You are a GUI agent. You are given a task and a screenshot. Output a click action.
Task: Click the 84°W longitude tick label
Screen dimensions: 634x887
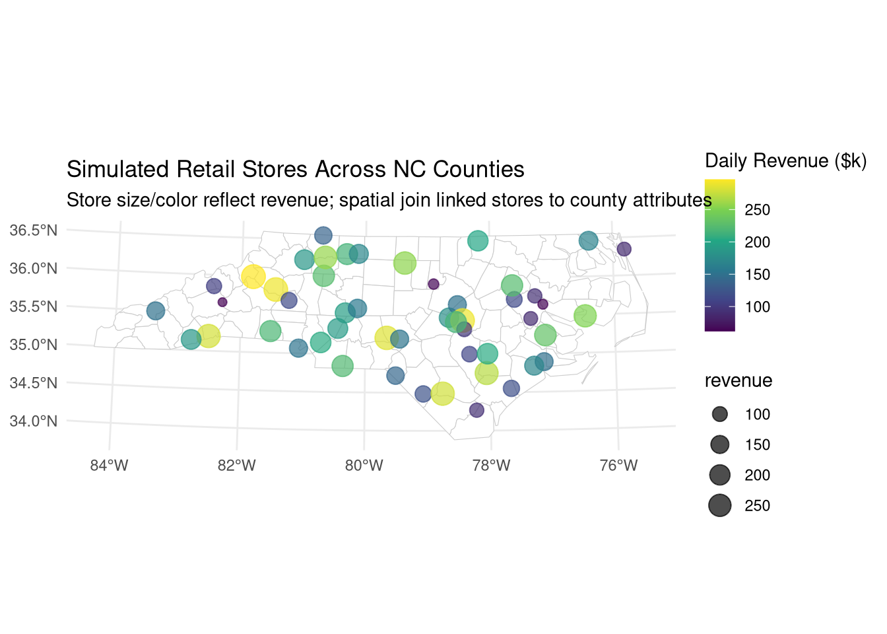pos(109,466)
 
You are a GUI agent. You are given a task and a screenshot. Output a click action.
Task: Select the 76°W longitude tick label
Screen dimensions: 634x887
pos(618,466)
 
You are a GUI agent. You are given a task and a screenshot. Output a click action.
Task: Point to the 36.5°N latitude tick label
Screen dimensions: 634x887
pos(34,230)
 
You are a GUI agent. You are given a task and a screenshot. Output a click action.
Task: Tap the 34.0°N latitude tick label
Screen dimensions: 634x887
pos(34,421)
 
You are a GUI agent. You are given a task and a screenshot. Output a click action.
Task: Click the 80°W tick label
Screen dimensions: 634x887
pos(364,466)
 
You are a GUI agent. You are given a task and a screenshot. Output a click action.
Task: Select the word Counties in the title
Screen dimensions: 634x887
pos(478,170)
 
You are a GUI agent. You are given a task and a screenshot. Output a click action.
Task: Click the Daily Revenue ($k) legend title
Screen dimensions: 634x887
pos(785,161)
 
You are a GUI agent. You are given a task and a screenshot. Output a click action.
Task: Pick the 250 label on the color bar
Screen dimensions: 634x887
pos(757,210)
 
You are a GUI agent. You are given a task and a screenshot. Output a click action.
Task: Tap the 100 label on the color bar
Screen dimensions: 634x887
pos(757,307)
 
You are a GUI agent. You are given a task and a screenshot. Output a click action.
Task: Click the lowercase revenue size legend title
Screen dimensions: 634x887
pos(738,381)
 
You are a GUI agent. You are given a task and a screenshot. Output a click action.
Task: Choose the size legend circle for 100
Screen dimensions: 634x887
pos(719,415)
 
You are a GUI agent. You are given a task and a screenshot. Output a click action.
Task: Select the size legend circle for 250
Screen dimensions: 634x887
pos(719,506)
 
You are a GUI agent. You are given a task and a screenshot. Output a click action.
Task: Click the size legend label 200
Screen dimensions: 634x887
pos(757,475)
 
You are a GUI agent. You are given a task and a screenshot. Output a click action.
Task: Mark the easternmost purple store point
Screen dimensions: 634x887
pos(624,249)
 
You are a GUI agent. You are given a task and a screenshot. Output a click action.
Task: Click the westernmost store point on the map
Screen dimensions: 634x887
pos(155,311)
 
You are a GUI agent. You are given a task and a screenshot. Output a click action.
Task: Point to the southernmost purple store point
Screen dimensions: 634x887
pos(476,410)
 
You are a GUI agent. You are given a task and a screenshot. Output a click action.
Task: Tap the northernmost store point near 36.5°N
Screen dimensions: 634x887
pos(323,235)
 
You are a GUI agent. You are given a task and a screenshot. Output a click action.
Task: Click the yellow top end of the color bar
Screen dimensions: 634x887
pos(719,183)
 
